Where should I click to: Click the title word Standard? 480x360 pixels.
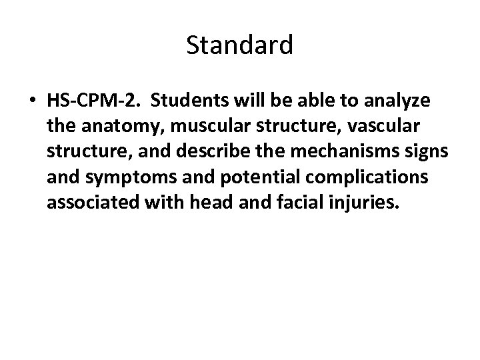239,45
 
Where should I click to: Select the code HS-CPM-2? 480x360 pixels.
93,101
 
